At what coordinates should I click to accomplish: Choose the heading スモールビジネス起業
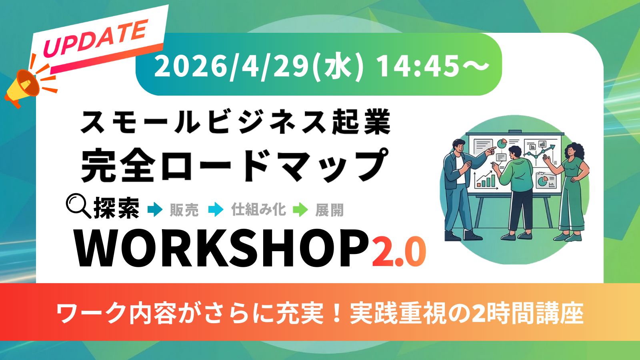[236, 122]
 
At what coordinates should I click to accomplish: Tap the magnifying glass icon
[78, 206]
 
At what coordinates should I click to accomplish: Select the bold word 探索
[116, 208]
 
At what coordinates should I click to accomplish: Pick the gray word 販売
[184, 210]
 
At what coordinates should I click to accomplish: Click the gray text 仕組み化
[258, 210]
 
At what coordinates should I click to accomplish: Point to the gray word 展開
[330, 210]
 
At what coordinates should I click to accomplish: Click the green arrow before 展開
[300, 210]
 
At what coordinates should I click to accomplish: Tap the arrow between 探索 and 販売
[155, 210]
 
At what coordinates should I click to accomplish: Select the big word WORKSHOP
[222, 248]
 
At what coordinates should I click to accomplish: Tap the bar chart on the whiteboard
[486, 180]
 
